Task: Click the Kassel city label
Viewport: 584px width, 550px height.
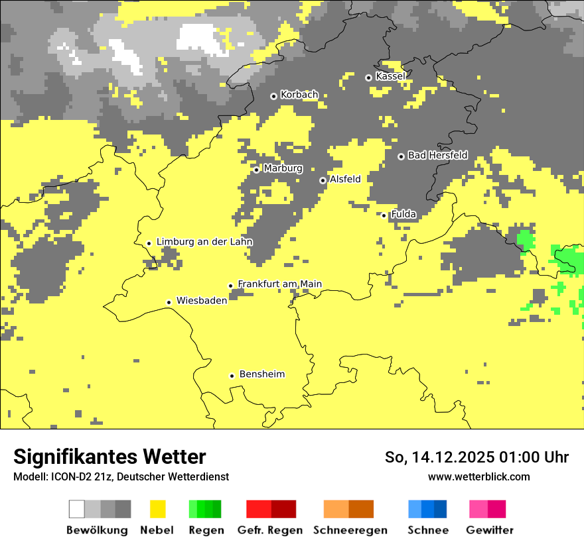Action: (x=390, y=76)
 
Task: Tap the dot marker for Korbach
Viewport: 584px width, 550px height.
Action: (x=273, y=96)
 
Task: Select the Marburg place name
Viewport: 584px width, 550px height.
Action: (x=283, y=168)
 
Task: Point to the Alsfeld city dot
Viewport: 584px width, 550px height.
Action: (x=323, y=180)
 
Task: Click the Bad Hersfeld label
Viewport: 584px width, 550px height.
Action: (x=437, y=155)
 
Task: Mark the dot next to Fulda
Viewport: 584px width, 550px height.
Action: (x=384, y=215)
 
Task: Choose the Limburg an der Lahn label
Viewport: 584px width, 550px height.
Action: (x=204, y=242)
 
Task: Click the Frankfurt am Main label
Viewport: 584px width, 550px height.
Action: (x=279, y=284)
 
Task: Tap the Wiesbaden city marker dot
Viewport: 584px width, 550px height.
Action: (x=169, y=302)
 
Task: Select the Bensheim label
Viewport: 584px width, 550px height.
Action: (x=261, y=374)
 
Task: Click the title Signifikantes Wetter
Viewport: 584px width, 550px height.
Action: (x=110, y=457)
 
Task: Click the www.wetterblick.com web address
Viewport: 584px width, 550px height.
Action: (x=478, y=476)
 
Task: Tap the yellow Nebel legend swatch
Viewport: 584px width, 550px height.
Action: (x=157, y=509)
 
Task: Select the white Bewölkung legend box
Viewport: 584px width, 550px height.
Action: (x=77, y=509)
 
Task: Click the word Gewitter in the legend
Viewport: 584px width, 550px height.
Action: (x=490, y=530)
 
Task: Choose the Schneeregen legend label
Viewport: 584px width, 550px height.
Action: (x=350, y=530)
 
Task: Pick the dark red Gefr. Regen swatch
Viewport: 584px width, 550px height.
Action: (x=283, y=509)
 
